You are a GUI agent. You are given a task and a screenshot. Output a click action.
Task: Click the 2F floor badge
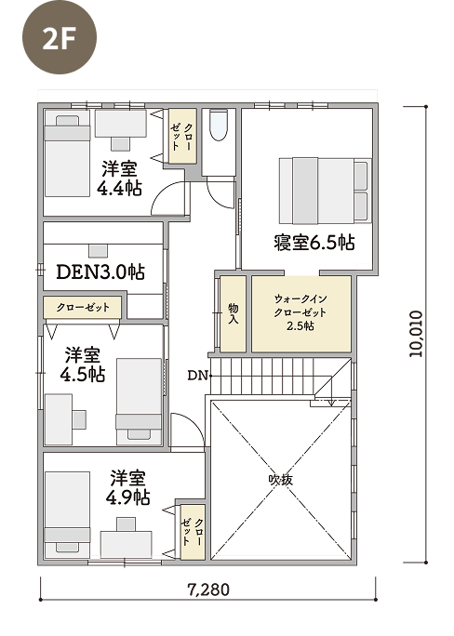coord(60,37)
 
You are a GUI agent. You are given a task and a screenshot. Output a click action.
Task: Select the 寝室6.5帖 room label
coord(314,243)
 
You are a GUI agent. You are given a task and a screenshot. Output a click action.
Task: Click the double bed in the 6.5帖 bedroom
coord(325,191)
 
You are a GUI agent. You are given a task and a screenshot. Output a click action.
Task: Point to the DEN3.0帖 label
coord(100,272)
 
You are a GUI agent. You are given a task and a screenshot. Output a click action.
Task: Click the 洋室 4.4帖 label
coord(119,179)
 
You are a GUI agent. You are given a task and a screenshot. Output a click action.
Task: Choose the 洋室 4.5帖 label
coord(83,364)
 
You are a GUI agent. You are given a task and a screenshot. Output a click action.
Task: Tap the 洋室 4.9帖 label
coord(127,487)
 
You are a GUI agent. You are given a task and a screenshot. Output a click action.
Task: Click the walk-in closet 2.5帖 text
coord(300,312)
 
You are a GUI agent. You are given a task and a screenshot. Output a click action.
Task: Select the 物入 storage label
coord(234,313)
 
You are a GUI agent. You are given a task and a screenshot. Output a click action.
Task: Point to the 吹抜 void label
coord(280,480)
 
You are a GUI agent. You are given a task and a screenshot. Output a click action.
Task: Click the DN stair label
coord(197,376)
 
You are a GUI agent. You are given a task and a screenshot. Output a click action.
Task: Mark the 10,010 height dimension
coord(416,334)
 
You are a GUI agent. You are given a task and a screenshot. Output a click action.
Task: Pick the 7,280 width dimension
coord(208,590)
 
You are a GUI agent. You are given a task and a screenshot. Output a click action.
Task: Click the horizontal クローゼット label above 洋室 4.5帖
coord(83,307)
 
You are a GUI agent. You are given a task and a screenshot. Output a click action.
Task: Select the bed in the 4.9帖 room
coord(67,514)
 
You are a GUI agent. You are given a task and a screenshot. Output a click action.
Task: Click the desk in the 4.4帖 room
coord(121,124)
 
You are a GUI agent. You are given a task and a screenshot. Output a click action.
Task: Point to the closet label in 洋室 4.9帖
coord(193,532)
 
